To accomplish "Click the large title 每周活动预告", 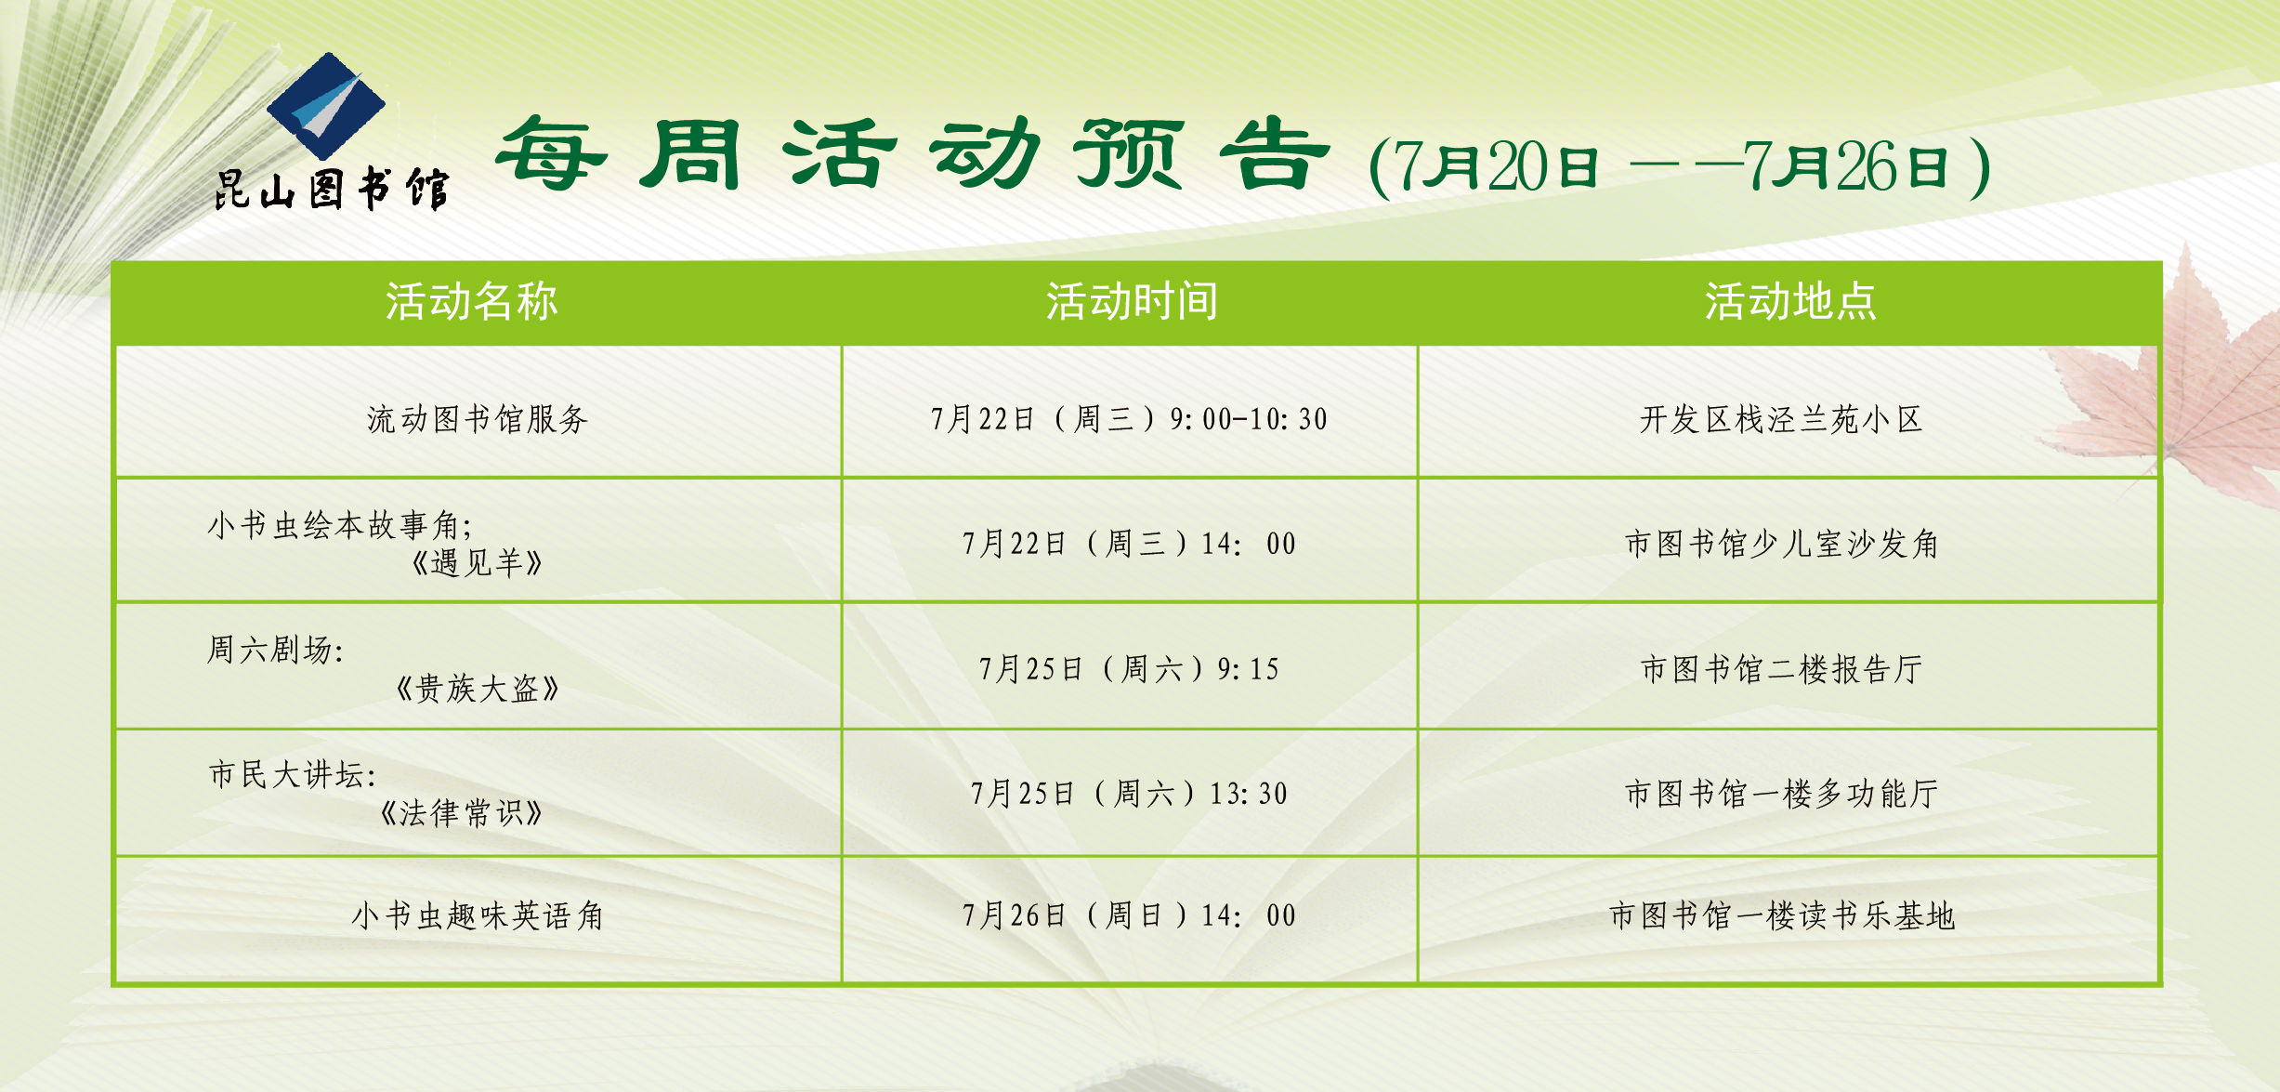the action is click(913, 154).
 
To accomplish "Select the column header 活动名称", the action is click(472, 302).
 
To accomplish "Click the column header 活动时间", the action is click(1132, 302).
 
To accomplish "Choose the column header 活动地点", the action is click(1790, 302).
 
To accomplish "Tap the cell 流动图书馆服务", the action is click(478, 419).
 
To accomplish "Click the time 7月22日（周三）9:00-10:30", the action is click(1129, 419).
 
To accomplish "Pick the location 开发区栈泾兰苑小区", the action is click(1781, 419).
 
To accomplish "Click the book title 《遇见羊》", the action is click(478, 563).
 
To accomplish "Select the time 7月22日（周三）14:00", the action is click(1129, 544).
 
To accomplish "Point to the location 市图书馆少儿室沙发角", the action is click(1781, 544).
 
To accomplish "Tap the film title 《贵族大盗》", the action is click(478, 689).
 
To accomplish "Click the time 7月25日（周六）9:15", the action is click(1129, 669).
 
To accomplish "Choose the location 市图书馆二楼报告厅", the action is click(1781, 669).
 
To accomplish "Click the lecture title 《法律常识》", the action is click(462, 813).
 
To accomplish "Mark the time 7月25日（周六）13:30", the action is click(1129, 794).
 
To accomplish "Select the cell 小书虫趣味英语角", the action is click(478, 916).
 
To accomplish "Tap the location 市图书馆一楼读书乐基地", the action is click(1781, 916).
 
